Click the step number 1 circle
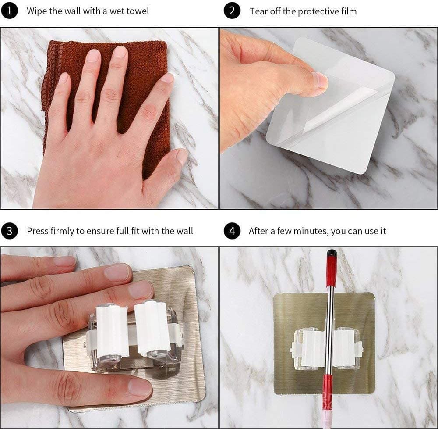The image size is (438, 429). tap(9, 11)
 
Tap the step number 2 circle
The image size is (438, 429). tap(232, 11)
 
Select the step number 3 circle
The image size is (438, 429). tap(9, 231)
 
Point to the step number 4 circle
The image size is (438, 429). tap(232, 231)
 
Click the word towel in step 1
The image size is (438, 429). tap(138, 11)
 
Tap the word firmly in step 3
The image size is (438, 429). tap(62, 231)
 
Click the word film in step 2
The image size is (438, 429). tap(349, 11)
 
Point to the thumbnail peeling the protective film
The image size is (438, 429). tap(319, 81)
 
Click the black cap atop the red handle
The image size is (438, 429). tap(331, 254)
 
